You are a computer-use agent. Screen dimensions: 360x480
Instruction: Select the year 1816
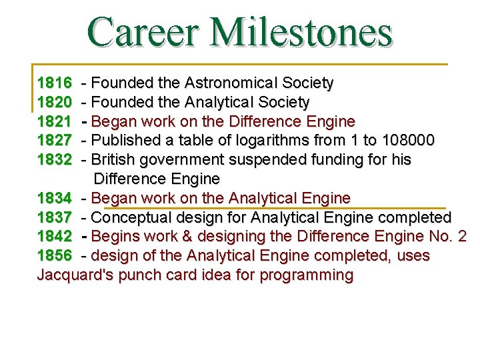[55, 83]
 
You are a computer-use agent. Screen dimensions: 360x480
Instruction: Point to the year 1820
[55, 103]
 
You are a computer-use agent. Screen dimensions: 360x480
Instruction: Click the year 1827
[55, 141]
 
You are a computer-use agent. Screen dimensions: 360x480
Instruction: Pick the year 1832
[55, 160]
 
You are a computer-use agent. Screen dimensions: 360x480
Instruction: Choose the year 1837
[55, 217]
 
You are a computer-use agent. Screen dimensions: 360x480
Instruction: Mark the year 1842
[55, 237]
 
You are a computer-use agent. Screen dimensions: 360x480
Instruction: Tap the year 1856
[55, 256]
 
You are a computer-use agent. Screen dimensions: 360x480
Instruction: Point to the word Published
[121, 141]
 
